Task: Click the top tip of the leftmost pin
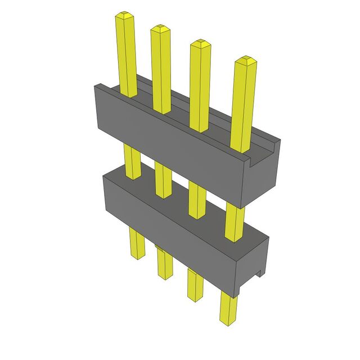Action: click(124, 15)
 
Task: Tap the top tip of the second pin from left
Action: click(160, 28)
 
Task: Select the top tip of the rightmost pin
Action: click(244, 59)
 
